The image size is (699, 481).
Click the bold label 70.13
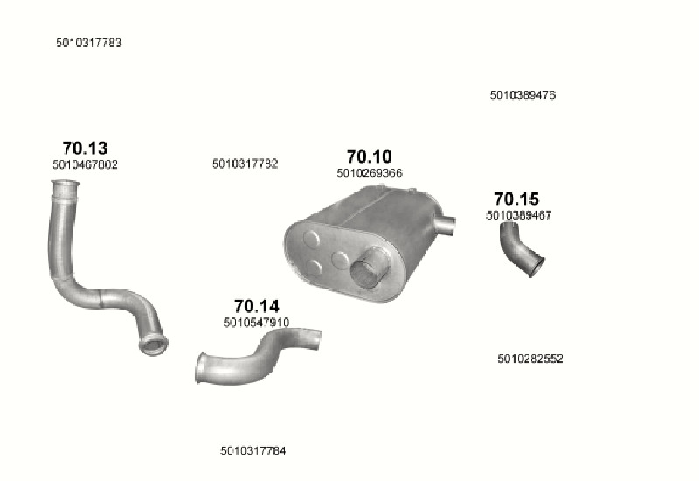coord(85,148)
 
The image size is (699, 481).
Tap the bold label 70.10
coord(369,157)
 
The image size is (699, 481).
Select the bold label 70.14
coord(257,306)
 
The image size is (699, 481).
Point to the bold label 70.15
coord(516,199)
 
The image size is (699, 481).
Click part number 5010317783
coord(89,43)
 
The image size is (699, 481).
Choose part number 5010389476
coord(523,95)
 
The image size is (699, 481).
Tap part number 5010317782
coord(246,164)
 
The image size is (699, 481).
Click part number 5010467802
coord(85,164)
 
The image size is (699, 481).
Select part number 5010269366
coord(370,173)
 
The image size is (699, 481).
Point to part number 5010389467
coord(519,215)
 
